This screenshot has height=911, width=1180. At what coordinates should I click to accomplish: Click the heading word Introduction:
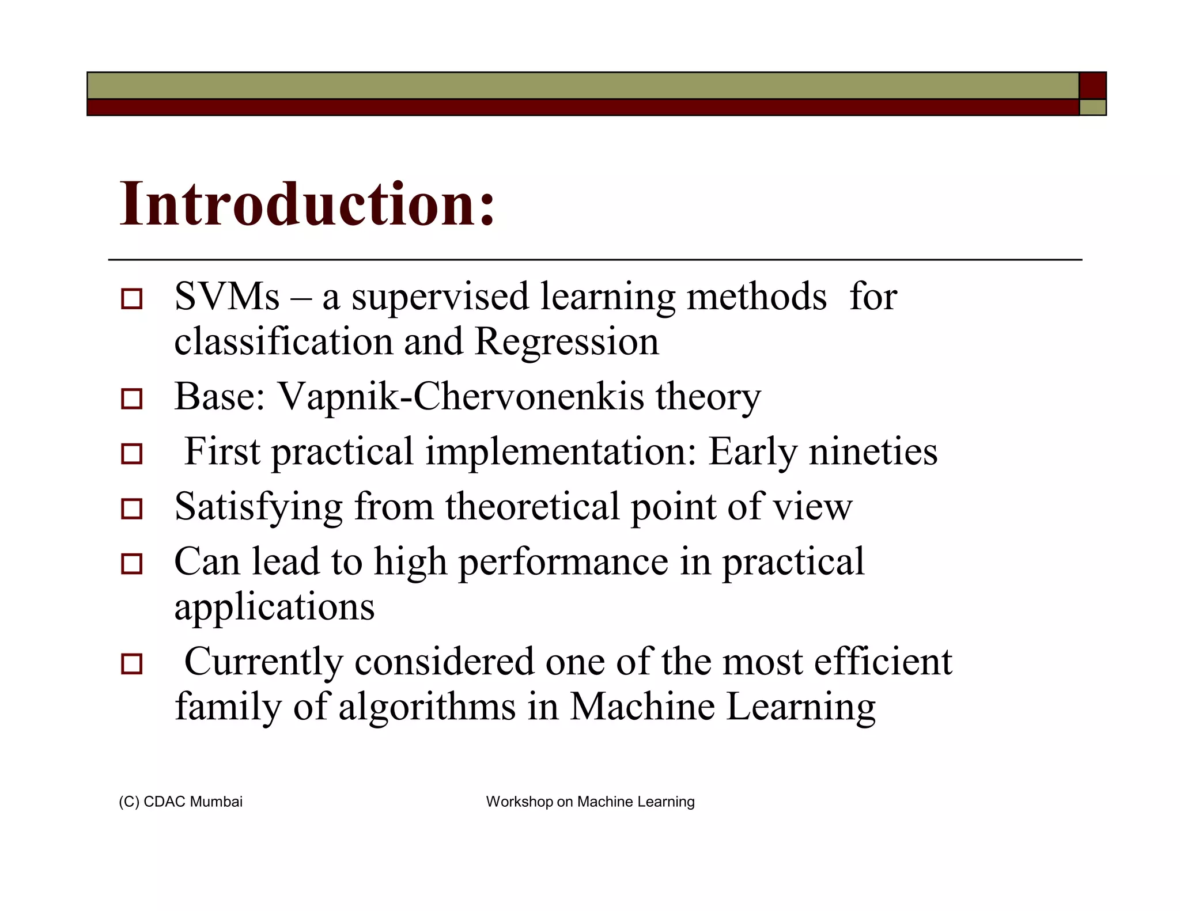(307, 204)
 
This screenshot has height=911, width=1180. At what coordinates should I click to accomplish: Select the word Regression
(566, 341)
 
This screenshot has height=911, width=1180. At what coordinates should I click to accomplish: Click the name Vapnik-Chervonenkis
(461, 397)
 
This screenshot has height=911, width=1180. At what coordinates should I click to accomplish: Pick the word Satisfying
(258, 507)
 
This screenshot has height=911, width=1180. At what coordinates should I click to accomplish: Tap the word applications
(274, 607)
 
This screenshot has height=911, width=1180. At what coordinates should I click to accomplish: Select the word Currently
(263, 662)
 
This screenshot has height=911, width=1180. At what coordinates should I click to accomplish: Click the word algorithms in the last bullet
(426, 707)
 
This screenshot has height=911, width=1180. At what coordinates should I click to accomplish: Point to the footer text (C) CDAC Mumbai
(180, 802)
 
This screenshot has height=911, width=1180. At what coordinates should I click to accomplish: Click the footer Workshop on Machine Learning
(590, 802)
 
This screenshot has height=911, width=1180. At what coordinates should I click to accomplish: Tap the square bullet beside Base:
(131, 398)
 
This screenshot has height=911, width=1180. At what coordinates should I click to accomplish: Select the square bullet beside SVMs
(131, 299)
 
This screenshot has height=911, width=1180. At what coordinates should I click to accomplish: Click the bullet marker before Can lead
(131, 564)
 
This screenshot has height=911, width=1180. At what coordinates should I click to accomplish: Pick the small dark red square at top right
(1092, 85)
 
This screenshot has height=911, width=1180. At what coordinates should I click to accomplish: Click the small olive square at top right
(1092, 108)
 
